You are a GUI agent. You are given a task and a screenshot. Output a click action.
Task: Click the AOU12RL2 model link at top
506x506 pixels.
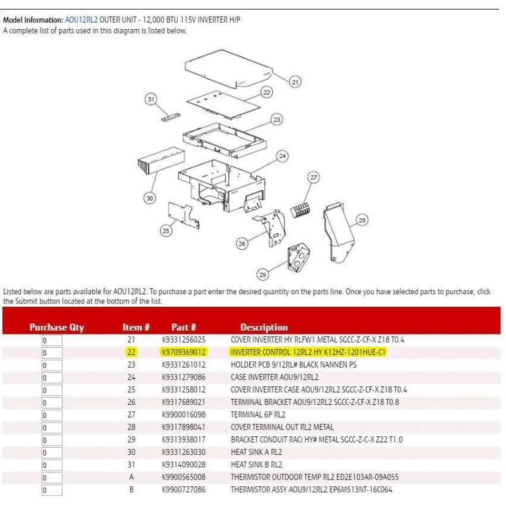pyautogui.click(x=81, y=20)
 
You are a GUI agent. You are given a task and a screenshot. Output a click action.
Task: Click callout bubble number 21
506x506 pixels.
pyautogui.click(x=295, y=81)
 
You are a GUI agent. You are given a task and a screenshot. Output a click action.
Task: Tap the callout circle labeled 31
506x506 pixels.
pyautogui.click(x=151, y=99)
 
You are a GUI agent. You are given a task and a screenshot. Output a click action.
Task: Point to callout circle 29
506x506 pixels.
pyautogui.click(x=263, y=274)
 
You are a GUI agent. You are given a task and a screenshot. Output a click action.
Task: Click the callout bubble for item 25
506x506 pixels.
pyautogui.click(x=166, y=231)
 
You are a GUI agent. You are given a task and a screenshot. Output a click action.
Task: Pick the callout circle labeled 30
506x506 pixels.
pyautogui.click(x=149, y=198)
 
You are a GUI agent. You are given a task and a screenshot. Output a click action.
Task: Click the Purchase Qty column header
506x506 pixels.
pyautogui.click(x=56, y=327)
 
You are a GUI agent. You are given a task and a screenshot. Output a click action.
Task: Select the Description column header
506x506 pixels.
pyautogui.click(x=264, y=327)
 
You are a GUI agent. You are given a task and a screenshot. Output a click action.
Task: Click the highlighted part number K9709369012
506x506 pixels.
pyautogui.click(x=183, y=352)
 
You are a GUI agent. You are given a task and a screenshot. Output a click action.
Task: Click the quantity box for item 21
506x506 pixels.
pyautogui.click(x=52, y=340)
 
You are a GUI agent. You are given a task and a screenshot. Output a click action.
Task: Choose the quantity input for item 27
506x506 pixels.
pyautogui.click(x=52, y=415)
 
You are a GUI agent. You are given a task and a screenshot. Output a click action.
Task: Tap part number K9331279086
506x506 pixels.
pyautogui.click(x=183, y=377)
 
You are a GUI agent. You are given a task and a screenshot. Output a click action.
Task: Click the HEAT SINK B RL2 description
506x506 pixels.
pyautogui.click(x=257, y=464)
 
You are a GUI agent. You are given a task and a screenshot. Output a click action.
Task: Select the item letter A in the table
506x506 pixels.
pyautogui.click(x=132, y=477)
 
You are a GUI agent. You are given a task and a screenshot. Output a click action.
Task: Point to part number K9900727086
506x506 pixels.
pyautogui.click(x=183, y=490)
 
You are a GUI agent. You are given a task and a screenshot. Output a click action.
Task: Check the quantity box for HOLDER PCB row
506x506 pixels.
pyautogui.click(x=52, y=365)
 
